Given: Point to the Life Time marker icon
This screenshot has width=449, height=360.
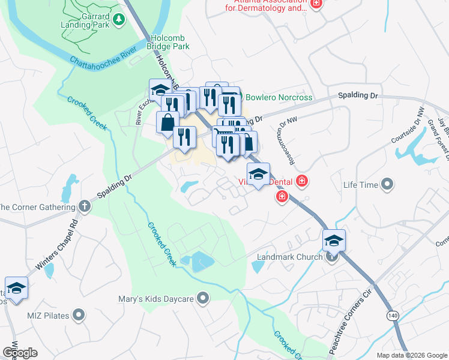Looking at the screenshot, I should click(x=387, y=185).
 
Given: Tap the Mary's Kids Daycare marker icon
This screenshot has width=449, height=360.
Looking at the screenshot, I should click(x=204, y=298).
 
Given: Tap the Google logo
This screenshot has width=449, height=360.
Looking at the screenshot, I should click(x=20, y=353).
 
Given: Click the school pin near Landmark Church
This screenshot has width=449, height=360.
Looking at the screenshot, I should click(x=334, y=241).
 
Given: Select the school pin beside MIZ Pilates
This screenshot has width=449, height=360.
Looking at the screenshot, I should click(x=17, y=287).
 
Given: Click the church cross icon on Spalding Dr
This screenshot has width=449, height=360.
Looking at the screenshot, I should click(x=85, y=207).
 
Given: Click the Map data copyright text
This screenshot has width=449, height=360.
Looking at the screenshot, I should click(x=412, y=355).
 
